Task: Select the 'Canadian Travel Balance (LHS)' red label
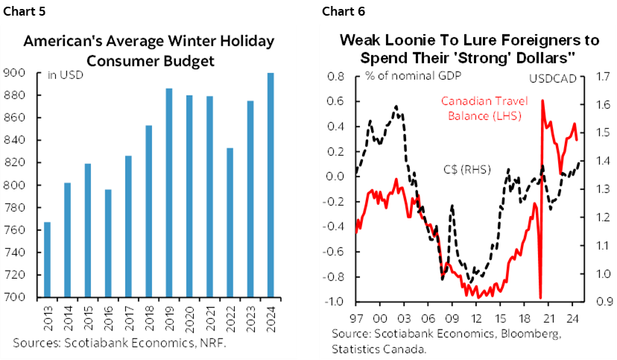(481, 108)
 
